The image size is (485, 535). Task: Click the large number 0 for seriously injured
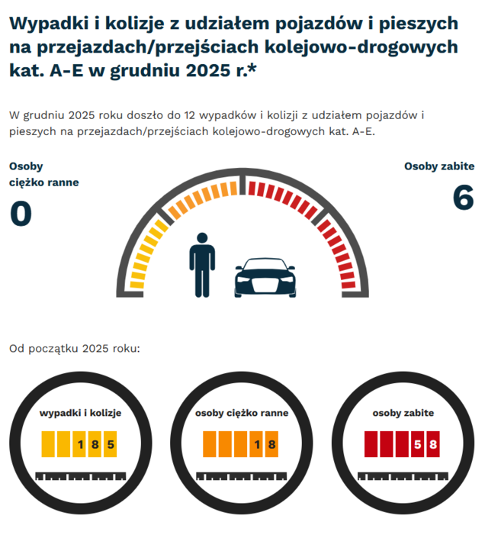click(21, 214)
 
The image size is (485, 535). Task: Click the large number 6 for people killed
click(463, 198)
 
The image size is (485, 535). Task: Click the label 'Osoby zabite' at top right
click(439, 166)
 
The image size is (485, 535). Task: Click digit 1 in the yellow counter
click(80, 444)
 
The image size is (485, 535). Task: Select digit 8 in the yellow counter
click(95, 444)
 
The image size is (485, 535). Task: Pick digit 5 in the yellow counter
click(111, 444)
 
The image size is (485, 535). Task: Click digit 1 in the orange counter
click(257, 444)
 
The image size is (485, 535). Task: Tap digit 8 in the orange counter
click(271, 444)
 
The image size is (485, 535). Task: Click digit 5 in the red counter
click(418, 444)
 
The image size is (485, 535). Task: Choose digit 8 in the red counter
click(432, 444)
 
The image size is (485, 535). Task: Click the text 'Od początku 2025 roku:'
click(75, 350)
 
